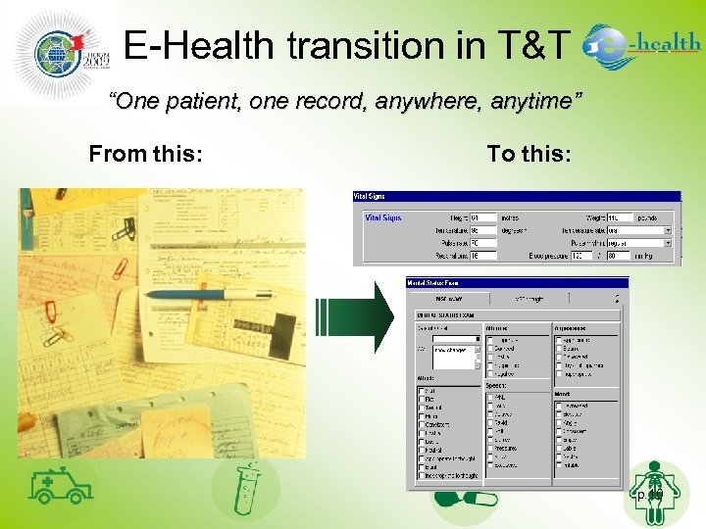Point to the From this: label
pyautogui.click(x=146, y=154)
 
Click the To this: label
pyautogui.click(x=529, y=154)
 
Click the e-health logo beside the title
pyautogui.click(x=641, y=45)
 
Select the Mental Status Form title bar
pyautogui.click(x=517, y=283)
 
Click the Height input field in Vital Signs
pyautogui.click(x=482, y=217)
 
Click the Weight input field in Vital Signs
pyautogui.click(x=619, y=217)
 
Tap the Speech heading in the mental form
pyautogui.click(x=497, y=386)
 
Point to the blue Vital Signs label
pyautogui.click(x=383, y=217)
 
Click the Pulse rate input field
pyautogui.click(x=482, y=242)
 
